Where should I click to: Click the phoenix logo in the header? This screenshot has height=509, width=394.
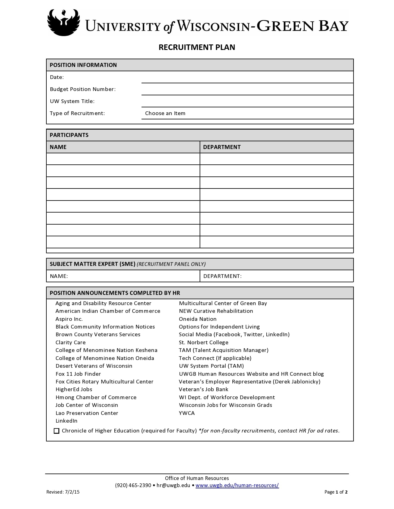click(x=63, y=22)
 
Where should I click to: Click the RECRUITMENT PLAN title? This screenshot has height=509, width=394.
click(x=197, y=47)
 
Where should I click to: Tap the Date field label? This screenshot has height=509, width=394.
click(x=57, y=77)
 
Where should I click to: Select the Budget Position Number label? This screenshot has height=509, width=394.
click(x=83, y=89)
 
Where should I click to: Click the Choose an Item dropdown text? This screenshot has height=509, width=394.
click(x=165, y=113)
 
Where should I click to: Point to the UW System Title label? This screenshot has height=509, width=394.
click(x=72, y=101)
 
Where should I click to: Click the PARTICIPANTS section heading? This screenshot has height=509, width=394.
click(x=69, y=135)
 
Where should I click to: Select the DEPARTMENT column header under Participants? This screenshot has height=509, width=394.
click(x=222, y=147)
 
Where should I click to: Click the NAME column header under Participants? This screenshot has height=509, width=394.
click(x=58, y=147)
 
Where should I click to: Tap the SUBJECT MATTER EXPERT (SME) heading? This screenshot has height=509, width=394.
click(x=93, y=264)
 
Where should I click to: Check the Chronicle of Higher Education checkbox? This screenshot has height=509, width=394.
click(x=57, y=431)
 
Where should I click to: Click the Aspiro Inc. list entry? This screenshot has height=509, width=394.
click(x=69, y=319)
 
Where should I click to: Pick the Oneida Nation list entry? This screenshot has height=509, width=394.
click(x=198, y=319)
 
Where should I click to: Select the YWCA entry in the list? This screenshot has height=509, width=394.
click(x=187, y=413)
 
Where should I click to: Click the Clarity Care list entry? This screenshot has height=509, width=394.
click(x=71, y=342)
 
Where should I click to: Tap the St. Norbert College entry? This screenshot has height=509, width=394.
click(x=204, y=342)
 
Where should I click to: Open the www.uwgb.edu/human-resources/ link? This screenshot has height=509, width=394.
click(x=237, y=485)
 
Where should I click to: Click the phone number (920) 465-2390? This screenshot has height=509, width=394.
click(x=133, y=485)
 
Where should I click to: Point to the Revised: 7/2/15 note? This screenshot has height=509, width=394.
click(x=63, y=492)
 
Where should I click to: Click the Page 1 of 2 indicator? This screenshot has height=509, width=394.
click(x=336, y=492)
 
